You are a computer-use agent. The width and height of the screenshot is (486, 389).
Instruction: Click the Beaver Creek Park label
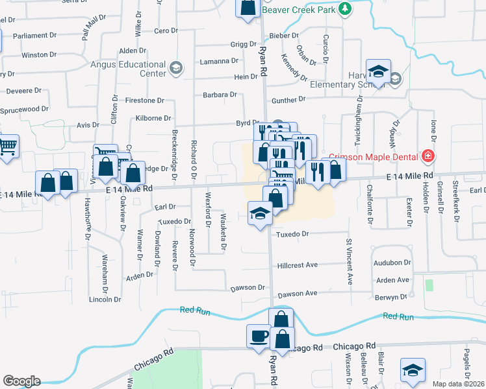tap(300, 10)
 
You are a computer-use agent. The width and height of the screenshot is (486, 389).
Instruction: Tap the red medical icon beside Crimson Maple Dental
tap(428, 156)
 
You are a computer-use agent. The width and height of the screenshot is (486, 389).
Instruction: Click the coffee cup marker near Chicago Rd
tap(258, 336)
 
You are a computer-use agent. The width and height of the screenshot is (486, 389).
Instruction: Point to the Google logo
tap(21, 381)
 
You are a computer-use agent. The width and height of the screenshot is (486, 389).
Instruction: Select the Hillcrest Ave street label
tap(298, 265)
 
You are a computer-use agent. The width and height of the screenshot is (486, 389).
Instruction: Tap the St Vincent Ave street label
tap(349, 261)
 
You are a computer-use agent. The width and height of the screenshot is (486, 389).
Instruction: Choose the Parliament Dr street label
tap(40, 36)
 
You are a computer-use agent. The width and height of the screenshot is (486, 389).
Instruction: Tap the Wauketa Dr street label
tap(223, 231)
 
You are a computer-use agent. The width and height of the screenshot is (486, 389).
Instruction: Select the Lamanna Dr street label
tap(220, 62)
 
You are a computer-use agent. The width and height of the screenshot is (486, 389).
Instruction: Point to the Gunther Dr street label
tap(288, 100)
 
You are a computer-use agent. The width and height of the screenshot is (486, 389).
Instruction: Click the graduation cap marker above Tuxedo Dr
tap(259, 213)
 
